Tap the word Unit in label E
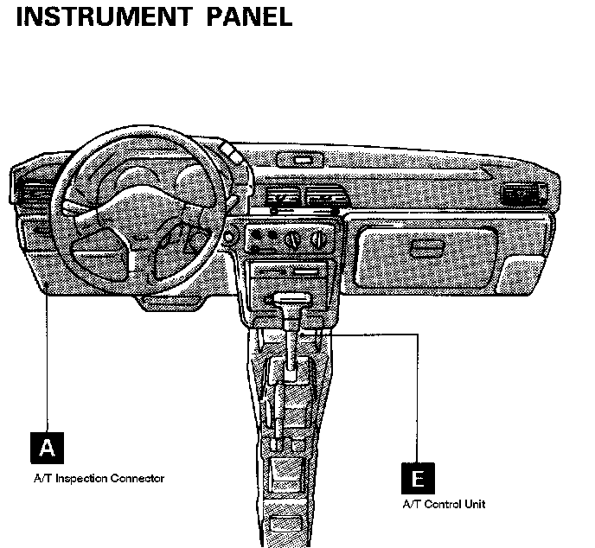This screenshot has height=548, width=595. coord(475,504)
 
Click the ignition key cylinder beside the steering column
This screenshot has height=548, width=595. coord(230,235)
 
